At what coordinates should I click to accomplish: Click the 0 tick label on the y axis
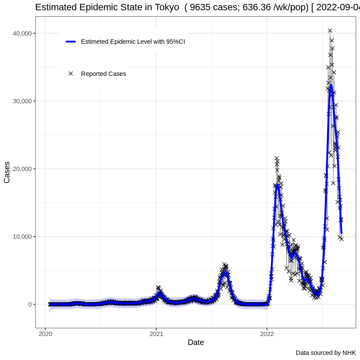(30, 304)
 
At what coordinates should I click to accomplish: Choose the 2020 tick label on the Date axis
(45, 333)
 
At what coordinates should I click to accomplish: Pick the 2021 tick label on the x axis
(156, 333)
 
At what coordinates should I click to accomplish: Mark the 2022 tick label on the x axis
(267, 333)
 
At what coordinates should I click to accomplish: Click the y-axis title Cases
(7, 173)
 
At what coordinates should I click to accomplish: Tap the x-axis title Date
(195, 342)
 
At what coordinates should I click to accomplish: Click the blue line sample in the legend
(71, 42)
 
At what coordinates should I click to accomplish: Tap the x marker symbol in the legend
(71, 74)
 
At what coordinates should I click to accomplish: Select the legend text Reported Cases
(103, 74)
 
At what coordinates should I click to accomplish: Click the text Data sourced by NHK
(326, 353)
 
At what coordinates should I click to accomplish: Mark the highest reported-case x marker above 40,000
(330, 30)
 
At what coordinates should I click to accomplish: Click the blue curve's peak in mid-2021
(226, 273)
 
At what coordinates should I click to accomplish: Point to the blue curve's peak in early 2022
(277, 185)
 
